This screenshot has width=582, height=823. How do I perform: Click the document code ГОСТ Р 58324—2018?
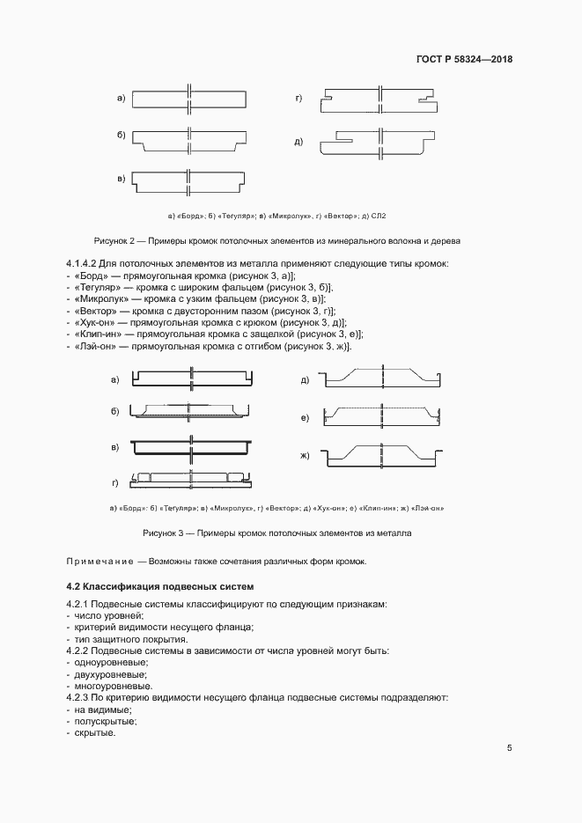(464, 60)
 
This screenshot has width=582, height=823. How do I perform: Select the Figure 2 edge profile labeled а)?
(188, 98)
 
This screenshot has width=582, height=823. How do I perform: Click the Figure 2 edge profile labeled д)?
(381, 142)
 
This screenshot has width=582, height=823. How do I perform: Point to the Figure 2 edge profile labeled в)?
(188, 183)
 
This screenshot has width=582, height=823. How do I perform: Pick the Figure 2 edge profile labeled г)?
(379, 98)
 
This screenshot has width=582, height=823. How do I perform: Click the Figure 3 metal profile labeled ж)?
(382, 457)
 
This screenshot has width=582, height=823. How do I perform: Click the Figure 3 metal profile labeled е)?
(382, 415)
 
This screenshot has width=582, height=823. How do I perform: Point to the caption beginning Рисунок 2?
(277, 240)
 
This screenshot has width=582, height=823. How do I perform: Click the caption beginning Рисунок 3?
(277, 533)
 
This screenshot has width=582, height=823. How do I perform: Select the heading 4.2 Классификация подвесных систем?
(159, 586)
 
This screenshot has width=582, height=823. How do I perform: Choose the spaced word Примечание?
(99, 562)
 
